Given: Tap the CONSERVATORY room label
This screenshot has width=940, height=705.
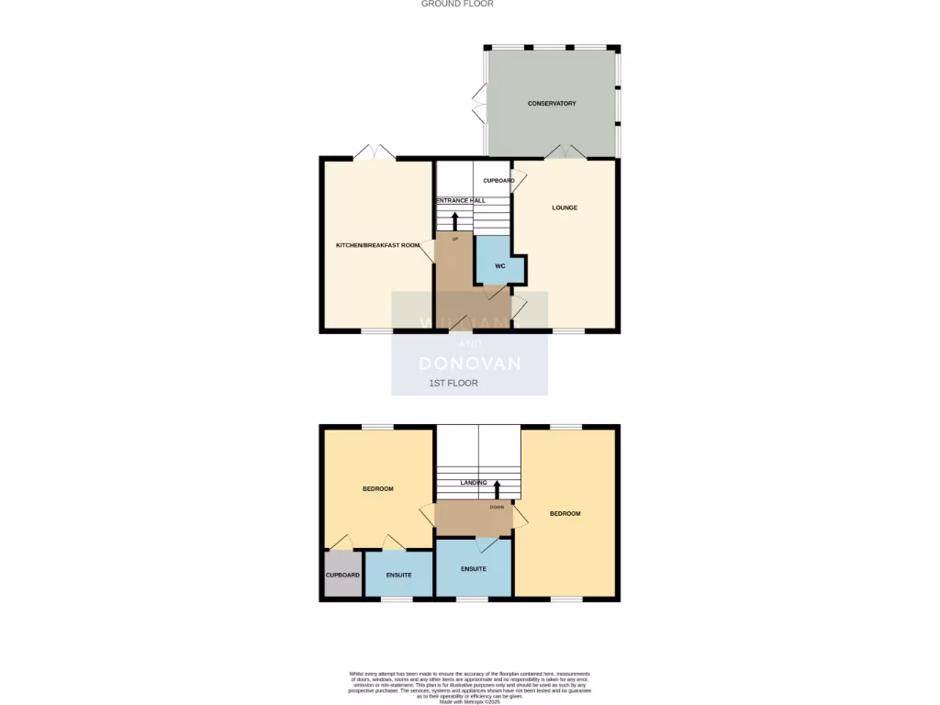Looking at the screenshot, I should pyautogui.click(x=552, y=104).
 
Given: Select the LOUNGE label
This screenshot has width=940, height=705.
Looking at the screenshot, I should pyautogui.click(x=565, y=207).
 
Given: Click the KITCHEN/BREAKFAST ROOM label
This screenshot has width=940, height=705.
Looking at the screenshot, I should pyautogui.click(x=377, y=245).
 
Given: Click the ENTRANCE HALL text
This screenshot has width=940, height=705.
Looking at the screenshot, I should pyautogui.click(x=461, y=200).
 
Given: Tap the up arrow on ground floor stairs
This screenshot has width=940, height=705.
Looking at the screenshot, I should pyautogui.click(x=454, y=220).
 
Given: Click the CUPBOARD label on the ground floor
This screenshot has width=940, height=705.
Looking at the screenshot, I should pyautogui.click(x=498, y=181).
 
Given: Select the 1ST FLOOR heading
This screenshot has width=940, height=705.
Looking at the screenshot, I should pyautogui.click(x=453, y=383).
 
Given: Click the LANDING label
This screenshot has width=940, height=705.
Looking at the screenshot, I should pyautogui.click(x=474, y=482).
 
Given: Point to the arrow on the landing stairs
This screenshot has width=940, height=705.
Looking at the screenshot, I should pyautogui.click(x=497, y=487).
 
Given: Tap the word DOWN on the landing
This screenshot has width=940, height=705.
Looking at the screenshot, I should pyautogui.click(x=497, y=507).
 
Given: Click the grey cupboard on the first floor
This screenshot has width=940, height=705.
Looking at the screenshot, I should pyautogui.click(x=342, y=575).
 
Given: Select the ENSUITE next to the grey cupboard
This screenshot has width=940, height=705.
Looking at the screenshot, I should pyautogui.click(x=398, y=575).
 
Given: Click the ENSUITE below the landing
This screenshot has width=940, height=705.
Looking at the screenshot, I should pyautogui.click(x=474, y=569).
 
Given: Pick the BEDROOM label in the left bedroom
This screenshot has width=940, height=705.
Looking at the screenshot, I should pyautogui.click(x=377, y=489).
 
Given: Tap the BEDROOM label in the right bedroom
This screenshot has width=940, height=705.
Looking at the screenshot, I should pyautogui.click(x=565, y=513).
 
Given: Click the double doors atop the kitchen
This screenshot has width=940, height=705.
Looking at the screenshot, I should pyautogui.click(x=375, y=152).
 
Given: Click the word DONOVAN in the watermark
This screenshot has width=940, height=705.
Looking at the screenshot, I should pyautogui.click(x=470, y=364).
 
